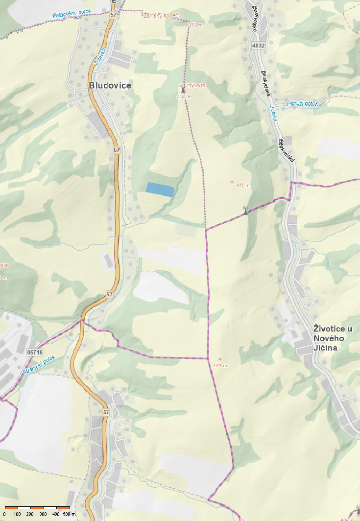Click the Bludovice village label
tap(110, 85)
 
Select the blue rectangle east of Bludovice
tap(160, 189)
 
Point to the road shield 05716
tap(35, 352)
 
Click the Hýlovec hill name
tap(197, 85)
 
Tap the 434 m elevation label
tap(183, 96)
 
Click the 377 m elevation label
tap(195, 24)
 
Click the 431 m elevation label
tap(220, 366)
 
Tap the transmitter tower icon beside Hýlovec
tap(183, 88)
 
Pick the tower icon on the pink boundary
tap(245, 210)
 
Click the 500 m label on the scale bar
tap(69, 514)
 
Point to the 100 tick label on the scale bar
tap(18, 514)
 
